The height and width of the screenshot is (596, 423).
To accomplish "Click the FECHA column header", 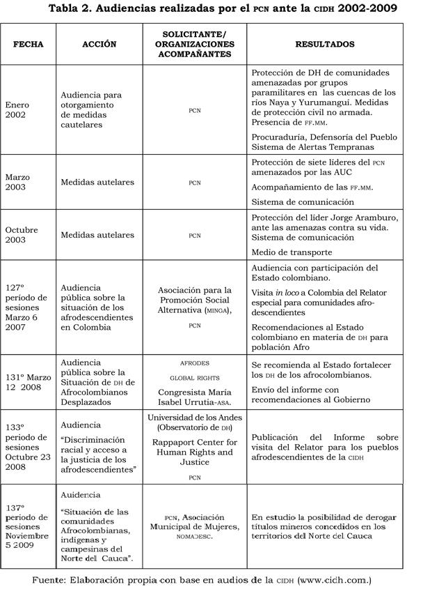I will pyautogui.click(x=29, y=44).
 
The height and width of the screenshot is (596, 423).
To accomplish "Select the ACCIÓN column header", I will pyautogui.click(x=99, y=44).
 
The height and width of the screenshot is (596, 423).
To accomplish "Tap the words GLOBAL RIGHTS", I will pyautogui.click(x=194, y=377).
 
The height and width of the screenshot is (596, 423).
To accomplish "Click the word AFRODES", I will pyautogui.click(x=194, y=363).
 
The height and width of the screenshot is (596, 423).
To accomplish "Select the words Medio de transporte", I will pyautogui.click(x=292, y=252).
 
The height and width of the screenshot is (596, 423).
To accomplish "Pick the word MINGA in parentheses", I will pyautogui.click(x=214, y=310).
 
